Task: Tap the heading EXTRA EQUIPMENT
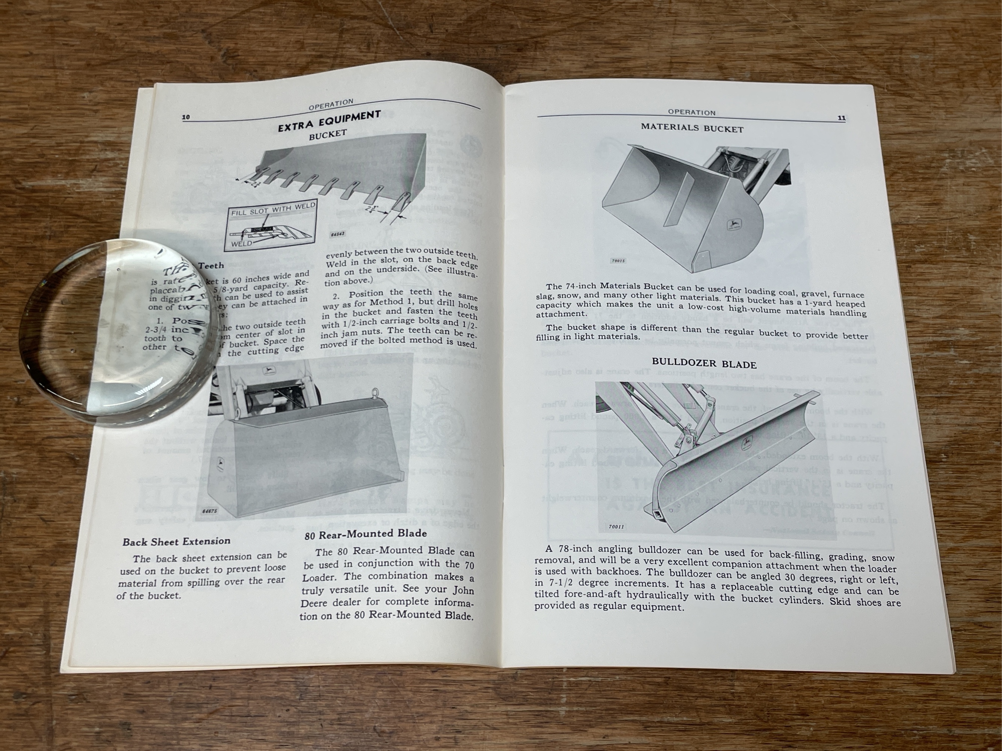point(329,121)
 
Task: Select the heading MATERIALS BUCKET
point(692,128)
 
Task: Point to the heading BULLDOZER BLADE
point(704,364)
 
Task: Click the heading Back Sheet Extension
point(176,542)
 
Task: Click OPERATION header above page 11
point(691,112)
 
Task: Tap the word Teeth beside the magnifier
point(211,266)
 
